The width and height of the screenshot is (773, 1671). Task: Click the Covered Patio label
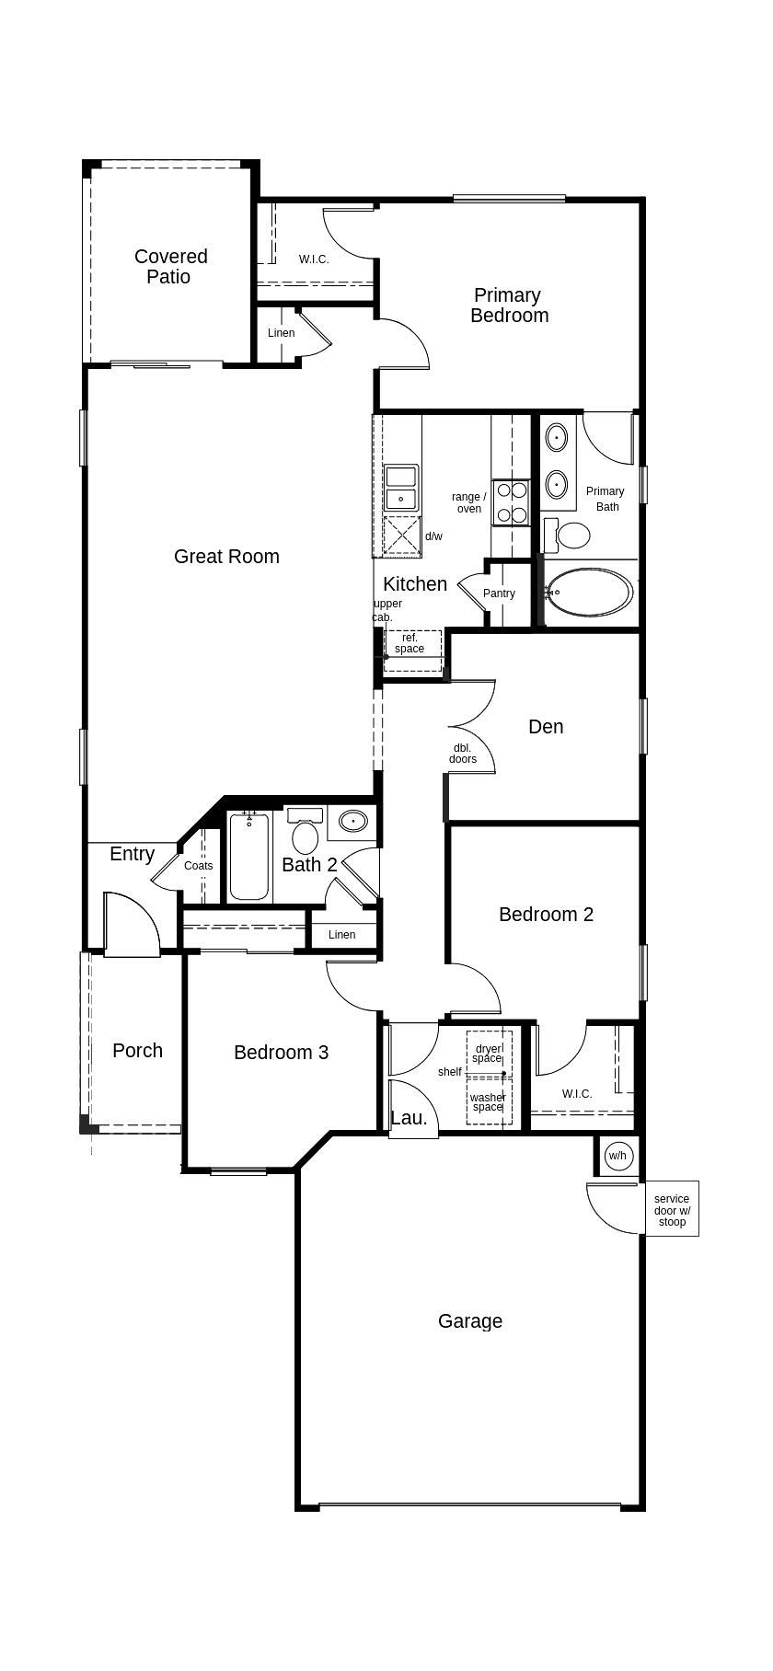(x=170, y=266)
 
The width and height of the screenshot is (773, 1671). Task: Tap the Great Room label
(x=226, y=556)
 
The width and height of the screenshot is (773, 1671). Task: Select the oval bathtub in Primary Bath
(x=589, y=593)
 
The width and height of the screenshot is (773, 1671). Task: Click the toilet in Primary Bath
(x=567, y=534)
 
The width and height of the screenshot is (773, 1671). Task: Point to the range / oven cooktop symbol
(x=511, y=502)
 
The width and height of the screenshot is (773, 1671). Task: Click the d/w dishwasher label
(x=433, y=536)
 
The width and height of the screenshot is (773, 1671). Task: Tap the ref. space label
(x=410, y=643)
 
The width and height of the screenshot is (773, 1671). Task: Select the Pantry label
(x=499, y=593)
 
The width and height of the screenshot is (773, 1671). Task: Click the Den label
(x=546, y=727)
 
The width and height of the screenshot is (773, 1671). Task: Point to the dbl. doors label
(x=463, y=754)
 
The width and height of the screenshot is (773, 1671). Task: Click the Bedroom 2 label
(x=546, y=914)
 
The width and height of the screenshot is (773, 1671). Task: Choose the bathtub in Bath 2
(x=249, y=857)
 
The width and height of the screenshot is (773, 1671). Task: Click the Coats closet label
(x=198, y=866)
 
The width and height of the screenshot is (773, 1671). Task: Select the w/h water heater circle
(x=617, y=1156)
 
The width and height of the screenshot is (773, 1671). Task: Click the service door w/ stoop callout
(x=672, y=1210)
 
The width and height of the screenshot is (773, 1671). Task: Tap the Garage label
(x=470, y=1321)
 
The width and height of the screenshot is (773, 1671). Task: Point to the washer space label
(x=488, y=1101)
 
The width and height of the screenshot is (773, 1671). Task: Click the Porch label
(x=137, y=1050)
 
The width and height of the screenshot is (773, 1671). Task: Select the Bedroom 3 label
(x=281, y=1052)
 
